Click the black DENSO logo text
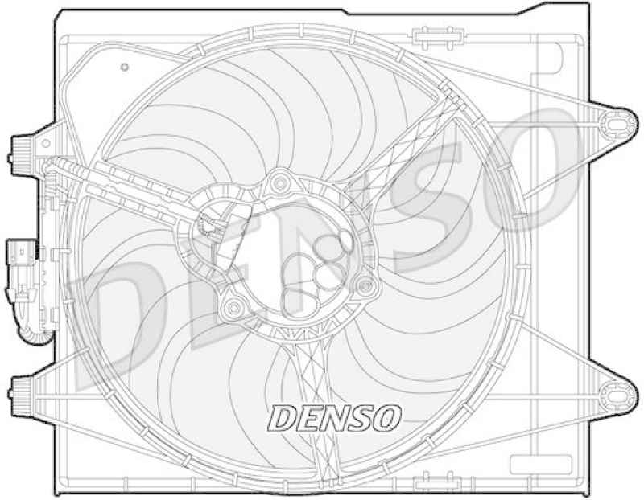pyautogui.click(x=333, y=416)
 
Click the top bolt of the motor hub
pyautogui.click(x=280, y=184)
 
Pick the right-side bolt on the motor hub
pyautogui.click(x=365, y=283)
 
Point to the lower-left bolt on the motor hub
pyautogui.click(x=233, y=306)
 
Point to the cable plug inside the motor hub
pyautogui.click(x=214, y=224)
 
